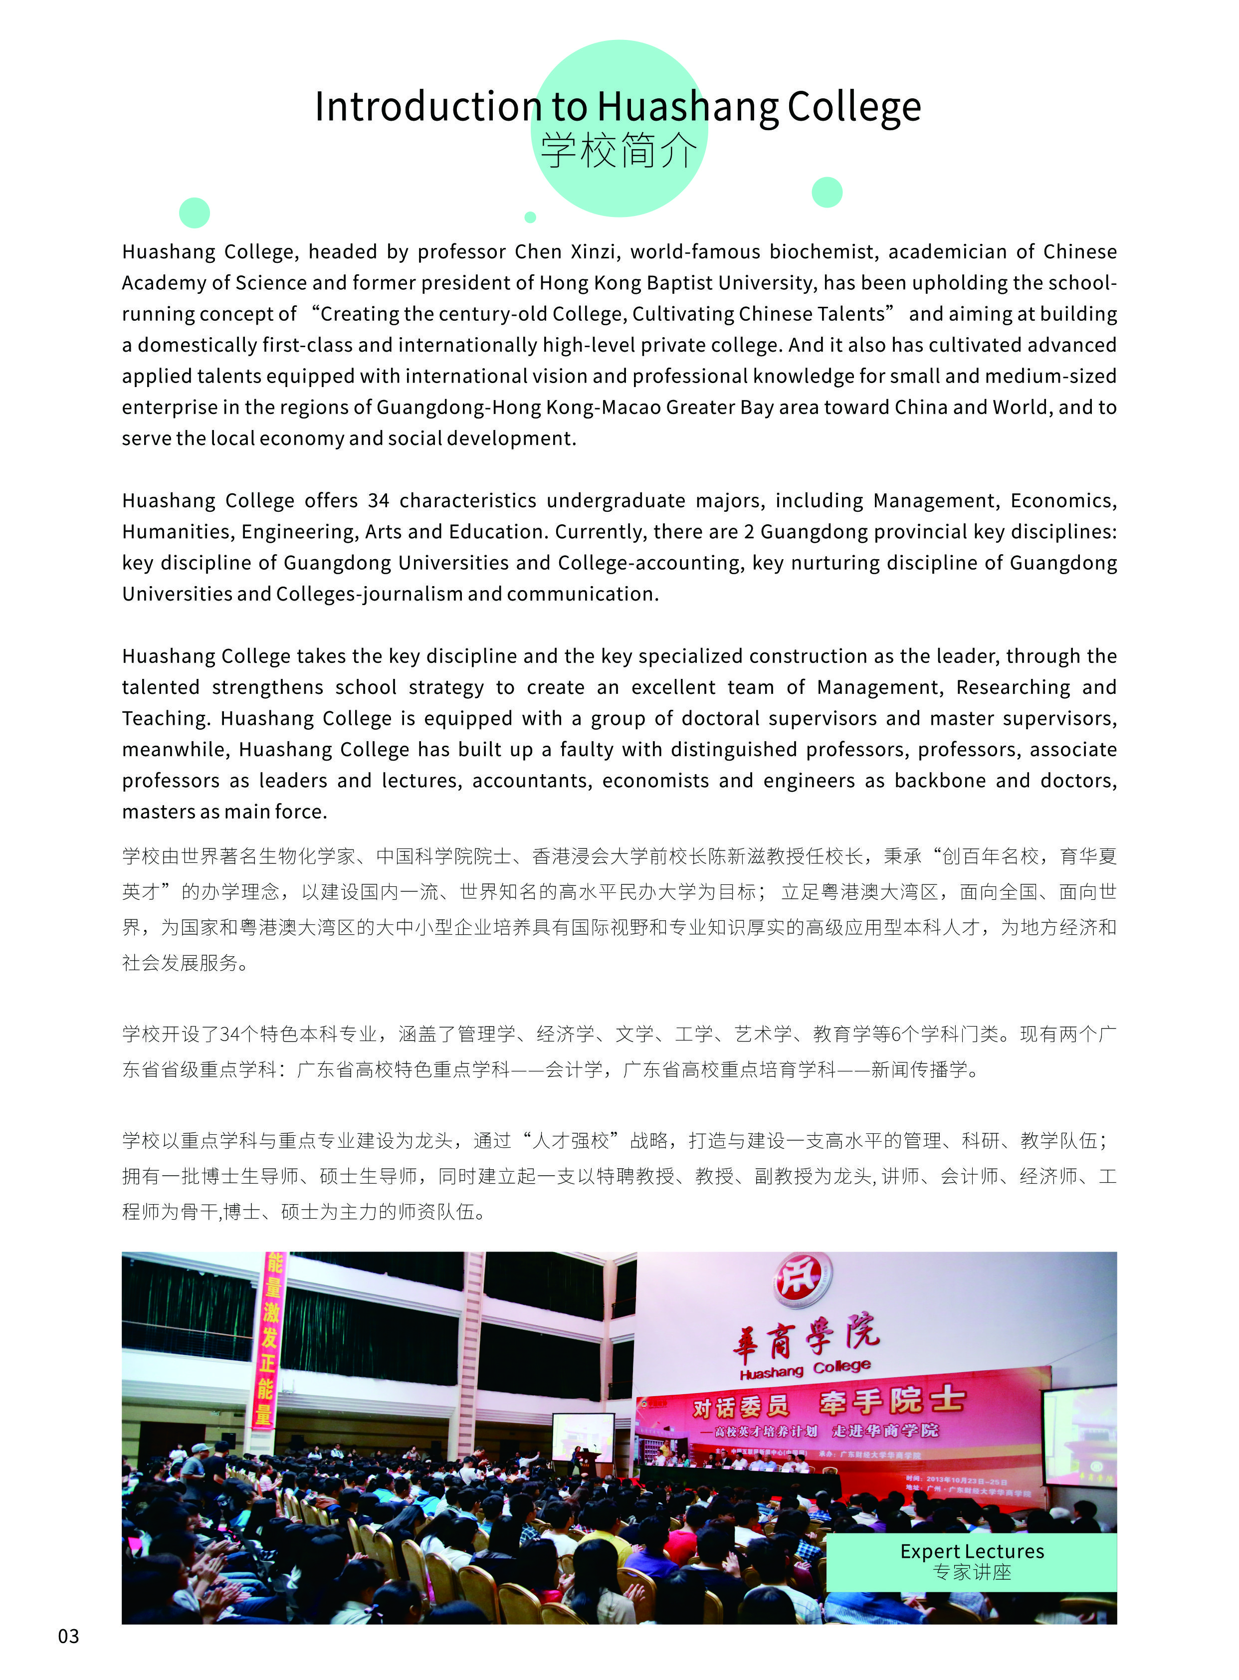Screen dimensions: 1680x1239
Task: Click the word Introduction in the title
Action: click(x=427, y=107)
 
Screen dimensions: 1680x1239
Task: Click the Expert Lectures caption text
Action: click(x=972, y=1551)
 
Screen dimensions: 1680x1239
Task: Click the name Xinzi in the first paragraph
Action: click(x=595, y=251)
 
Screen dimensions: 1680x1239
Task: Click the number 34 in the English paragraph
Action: click(x=378, y=500)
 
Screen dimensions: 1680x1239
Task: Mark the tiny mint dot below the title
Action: click(x=530, y=217)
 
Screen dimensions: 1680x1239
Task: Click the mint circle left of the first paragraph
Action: click(x=194, y=213)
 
